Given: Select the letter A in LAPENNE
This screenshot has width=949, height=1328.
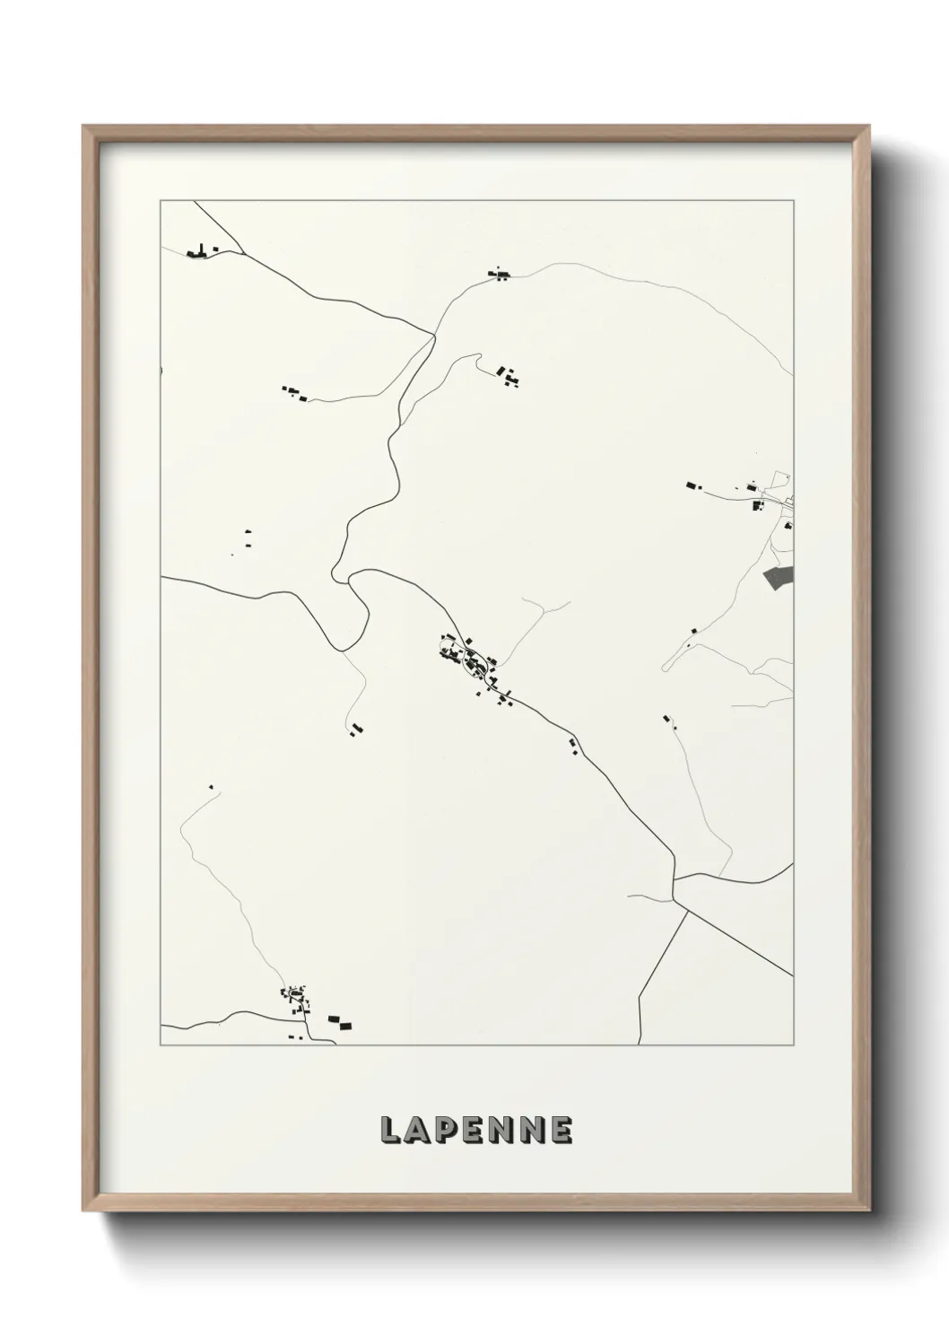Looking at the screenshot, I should [x=418, y=1131].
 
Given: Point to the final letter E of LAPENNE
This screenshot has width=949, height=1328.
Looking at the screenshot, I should [x=561, y=1131].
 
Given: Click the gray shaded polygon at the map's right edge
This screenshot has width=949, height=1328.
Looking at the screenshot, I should [x=779, y=578].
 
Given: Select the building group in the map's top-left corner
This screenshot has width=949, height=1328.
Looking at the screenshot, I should [x=200, y=251].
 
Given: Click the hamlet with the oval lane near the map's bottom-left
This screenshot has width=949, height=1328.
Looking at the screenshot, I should [x=294, y=997].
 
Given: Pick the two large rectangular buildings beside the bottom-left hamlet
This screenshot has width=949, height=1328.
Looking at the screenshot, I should [x=340, y=1021].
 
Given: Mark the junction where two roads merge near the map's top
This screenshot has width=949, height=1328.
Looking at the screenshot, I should [x=434, y=335].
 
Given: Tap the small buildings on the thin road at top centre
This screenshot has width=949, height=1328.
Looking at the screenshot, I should [x=498, y=274].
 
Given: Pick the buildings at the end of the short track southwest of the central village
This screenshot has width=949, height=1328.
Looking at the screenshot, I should [x=356, y=730].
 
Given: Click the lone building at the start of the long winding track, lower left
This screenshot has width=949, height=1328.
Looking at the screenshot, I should [x=212, y=787].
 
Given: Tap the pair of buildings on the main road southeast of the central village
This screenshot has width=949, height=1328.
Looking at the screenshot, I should [x=571, y=744].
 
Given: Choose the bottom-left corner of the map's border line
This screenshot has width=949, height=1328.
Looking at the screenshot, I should [x=161, y=1045].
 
